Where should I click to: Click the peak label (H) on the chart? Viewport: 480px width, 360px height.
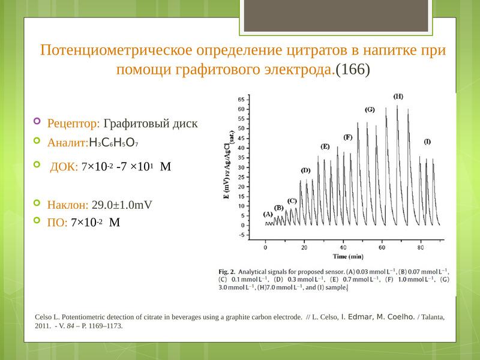coord(398,97)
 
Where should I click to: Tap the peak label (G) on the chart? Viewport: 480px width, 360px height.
coord(370,110)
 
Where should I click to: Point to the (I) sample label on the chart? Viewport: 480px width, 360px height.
coord(427,142)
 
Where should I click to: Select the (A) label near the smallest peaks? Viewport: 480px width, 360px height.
coord(268,214)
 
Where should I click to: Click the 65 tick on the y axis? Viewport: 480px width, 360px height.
coord(241,100)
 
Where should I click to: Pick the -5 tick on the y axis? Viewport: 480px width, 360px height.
coord(242,235)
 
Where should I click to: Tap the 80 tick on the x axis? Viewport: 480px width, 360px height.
coord(421,247)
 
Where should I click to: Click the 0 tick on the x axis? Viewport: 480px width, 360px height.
coord(265,247)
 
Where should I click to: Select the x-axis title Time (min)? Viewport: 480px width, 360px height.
coord(348,257)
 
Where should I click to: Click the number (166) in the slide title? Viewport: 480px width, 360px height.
coord(353,70)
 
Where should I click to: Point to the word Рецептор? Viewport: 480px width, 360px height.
coord(73,124)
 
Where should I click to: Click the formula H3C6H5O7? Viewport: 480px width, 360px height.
coord(113,143)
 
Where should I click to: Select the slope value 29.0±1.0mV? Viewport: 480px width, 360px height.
coord(122,205)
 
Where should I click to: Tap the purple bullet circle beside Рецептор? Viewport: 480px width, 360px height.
coord(37,121)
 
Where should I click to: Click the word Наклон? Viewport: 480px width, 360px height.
coord(68,205)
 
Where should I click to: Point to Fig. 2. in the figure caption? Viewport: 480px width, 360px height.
coord(227,272)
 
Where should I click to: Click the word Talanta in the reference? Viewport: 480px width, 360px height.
coord(433,317)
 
